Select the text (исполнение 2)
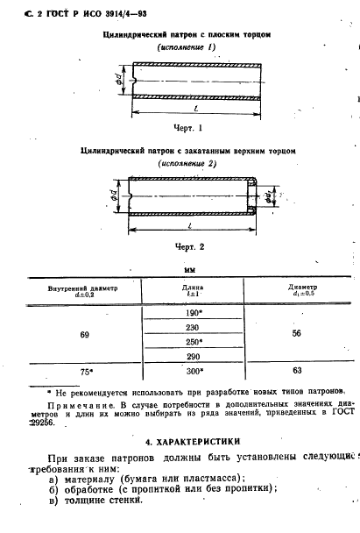pos(188,164)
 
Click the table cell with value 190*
pos(194,313)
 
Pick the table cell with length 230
pos(194,327)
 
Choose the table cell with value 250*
pos(194,341)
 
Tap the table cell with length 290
pos(194,356)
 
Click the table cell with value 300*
pos(194,371)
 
